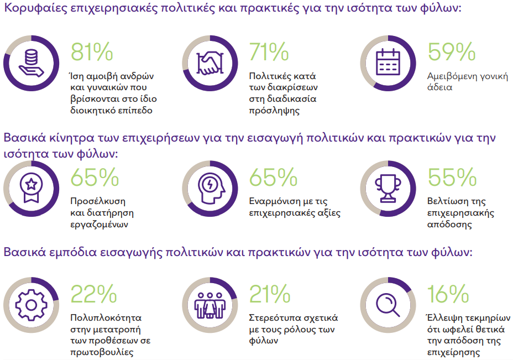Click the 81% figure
coord(92,52)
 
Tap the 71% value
coord(269,52)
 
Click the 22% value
coord(93,294)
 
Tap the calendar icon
coord(388,62)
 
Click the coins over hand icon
coord(31,62)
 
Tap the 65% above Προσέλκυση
coord(95,177)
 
